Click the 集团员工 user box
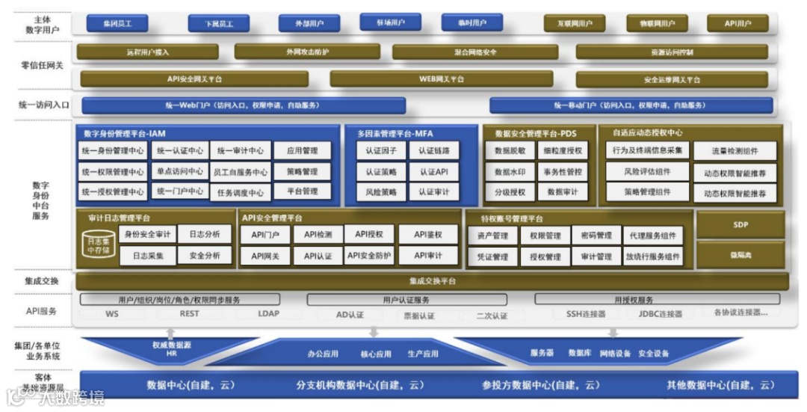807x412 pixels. (x=117, y=23)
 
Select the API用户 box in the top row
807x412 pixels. (x=737, y=23)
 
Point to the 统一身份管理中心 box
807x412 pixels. (x=113, y=150)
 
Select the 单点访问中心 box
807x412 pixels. (x=180, y=171)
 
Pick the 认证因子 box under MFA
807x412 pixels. (x=380, y=150)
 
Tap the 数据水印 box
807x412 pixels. (x=510, y=171)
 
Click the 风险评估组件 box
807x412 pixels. (x=647, y=171)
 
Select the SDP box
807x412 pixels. (x=740, y=224)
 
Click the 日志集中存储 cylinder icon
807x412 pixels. (x=99, y=245)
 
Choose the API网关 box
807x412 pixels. (x=265, y=256)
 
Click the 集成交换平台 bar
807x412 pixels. (x=433, y=281)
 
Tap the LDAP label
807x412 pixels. (x=268, y=314)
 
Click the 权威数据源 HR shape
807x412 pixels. (x=171, y=348)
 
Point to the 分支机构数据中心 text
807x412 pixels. (x=359, y=385)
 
